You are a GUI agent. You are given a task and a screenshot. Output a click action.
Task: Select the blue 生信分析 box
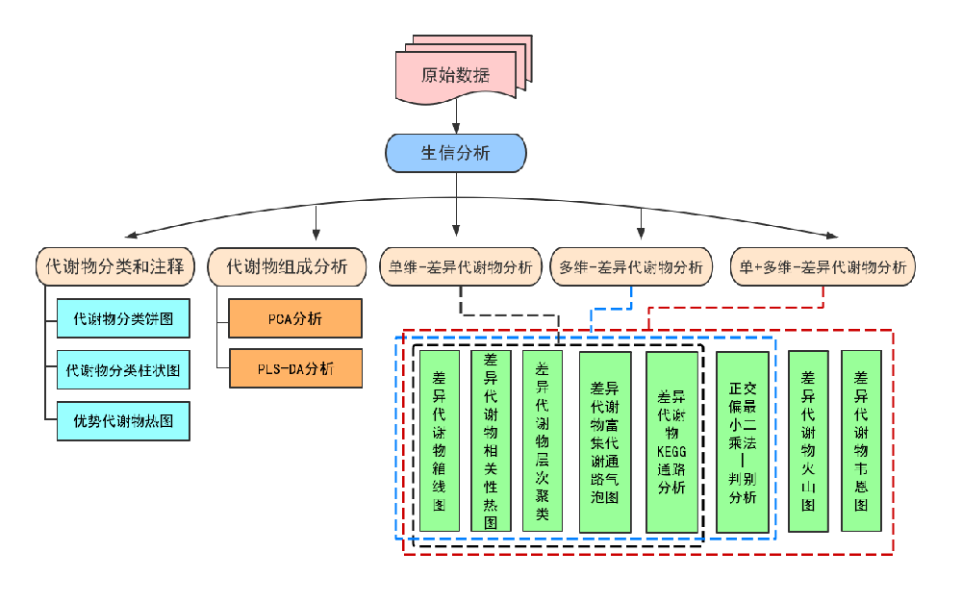pyautogui.click(x=456, y=153)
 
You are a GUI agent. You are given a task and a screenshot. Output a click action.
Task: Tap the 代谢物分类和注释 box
pyautogui.click(x=114, y=266)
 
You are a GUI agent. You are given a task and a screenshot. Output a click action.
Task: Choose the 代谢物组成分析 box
pyautogui.click(x=287, y=266)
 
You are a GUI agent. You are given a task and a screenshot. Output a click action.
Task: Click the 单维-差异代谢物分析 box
pyautogui.click(x=461, y=266)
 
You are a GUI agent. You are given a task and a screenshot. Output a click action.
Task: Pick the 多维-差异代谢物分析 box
pyautogui.click(x=631, y=266)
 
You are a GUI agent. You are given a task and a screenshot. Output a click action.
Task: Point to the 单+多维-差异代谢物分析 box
pyautogui.click(x=823, y=266)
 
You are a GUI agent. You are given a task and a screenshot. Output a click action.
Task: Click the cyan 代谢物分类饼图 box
pyautogui.click(x=123, y=318)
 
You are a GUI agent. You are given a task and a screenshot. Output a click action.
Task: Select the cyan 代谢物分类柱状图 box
pyautogui.click(x=123, y=369)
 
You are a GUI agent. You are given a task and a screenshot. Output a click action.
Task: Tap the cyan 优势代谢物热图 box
pyautogui.click(x=123, y=421)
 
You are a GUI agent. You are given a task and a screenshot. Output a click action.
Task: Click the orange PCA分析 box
pyautogui.click(x=295, y=318)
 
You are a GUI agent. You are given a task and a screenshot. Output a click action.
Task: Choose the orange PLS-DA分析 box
pyautogui.click(x=295, y=369)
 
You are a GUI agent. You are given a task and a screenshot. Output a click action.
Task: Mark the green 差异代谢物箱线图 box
pyautogui.click(x=440, y=440)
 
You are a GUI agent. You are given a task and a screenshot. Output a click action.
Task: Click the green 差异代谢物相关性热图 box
pyautogui.click(x=491, y=440)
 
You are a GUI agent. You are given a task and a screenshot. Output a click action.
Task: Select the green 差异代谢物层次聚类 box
pyautogui.click(x=543, y=440)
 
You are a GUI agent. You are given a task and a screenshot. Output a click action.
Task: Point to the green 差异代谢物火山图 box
pyautogui.click(x=809, y=440)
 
